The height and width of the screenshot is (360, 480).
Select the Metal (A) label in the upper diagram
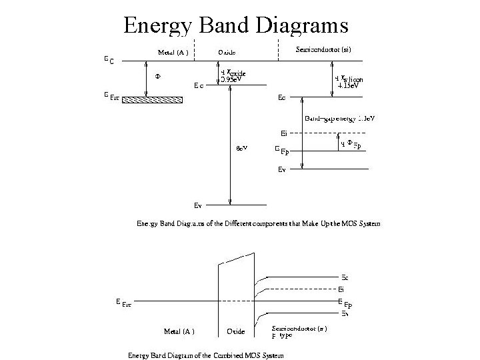[x=173, y=51]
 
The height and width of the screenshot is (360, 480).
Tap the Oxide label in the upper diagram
[x=226, y=52]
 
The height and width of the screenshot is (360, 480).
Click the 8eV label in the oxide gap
[x=243, y=148]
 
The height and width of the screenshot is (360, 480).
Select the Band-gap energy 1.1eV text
[x=339, y=119]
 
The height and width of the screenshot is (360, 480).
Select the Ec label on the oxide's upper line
[x=199, y=85]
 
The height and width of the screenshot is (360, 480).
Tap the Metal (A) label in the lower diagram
[x=179, y=331]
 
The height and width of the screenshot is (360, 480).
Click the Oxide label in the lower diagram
[x=235, y=331]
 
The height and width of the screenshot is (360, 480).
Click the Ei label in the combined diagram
[x=341, y=289]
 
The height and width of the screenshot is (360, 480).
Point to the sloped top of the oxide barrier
[x=236, y=259]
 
